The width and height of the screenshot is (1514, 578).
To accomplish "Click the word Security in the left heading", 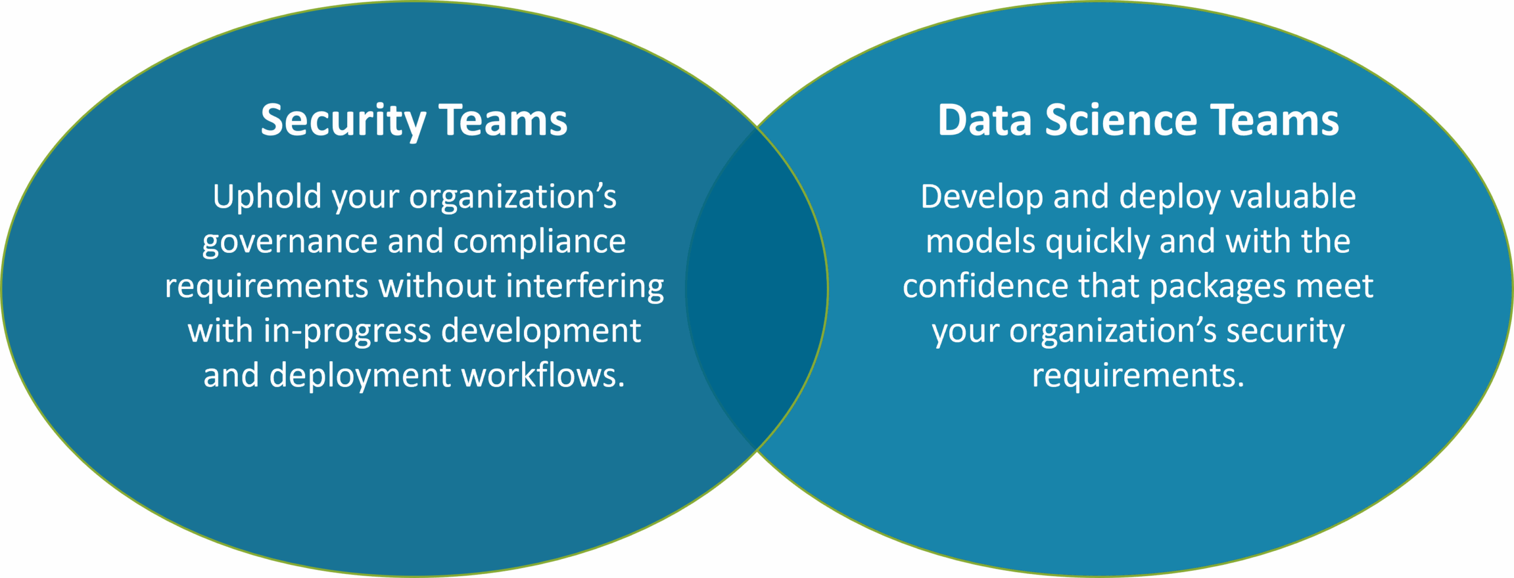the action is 343,121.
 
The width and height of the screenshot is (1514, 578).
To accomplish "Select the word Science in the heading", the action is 1121,121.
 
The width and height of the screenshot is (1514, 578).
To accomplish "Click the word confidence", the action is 985,287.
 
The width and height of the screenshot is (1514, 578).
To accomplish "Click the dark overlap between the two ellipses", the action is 757,289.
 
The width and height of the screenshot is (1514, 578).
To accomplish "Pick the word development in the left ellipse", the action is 541,331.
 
